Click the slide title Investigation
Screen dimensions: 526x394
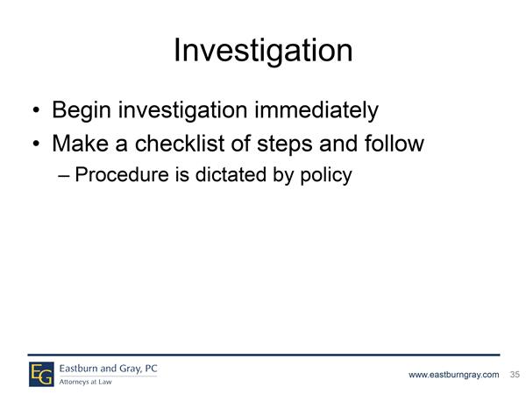coord(263,51)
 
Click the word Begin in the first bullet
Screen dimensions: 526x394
coord(82,110)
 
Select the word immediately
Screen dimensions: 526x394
coord(316,110)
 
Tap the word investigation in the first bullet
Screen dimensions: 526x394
coord(183,110)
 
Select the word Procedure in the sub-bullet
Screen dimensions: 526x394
coord(122,174)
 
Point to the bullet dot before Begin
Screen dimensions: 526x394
coord(36,110)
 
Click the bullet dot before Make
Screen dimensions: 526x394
coord(36,144)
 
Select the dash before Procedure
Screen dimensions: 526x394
coord(64,176)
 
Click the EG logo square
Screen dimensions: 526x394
coord(41,374)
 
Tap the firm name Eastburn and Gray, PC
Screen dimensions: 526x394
coord(109,369)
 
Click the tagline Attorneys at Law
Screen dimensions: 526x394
coord(86,382)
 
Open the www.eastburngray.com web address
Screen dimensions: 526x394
coord(453,375)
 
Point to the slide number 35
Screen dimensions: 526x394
coord(515,374)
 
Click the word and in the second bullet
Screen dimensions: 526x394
coord(338,144)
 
